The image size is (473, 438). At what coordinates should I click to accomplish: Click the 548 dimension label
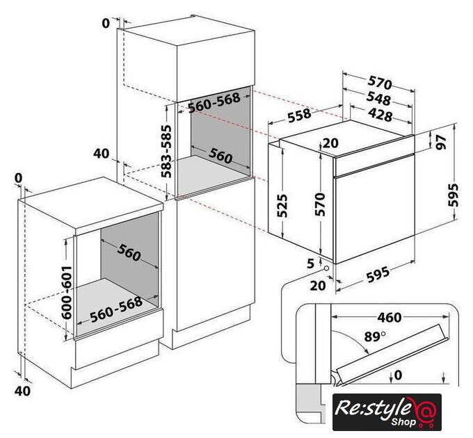coord(378,99)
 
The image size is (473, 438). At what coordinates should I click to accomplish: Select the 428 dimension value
coord(380,115)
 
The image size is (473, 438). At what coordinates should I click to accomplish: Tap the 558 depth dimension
coord(299,115)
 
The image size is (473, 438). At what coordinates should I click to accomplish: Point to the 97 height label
coord(441,142)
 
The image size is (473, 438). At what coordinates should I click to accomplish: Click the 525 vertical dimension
coord(282,206)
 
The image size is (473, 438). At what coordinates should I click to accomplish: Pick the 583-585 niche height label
coord(166,152)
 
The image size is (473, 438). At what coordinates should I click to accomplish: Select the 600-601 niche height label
coord(67,293)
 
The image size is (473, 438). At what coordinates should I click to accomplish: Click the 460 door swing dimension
coord(390,318)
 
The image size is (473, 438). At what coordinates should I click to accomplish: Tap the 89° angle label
coord(375,336)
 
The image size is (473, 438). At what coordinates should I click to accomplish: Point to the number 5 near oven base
coord(310,263)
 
